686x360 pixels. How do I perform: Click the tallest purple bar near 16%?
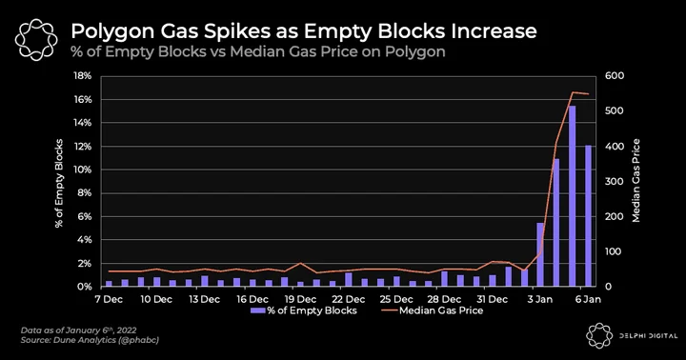point(573,196)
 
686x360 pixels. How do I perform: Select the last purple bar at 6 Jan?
point(588,215)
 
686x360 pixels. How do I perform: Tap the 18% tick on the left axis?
point(83,76)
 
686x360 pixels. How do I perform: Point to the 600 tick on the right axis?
point(615,76)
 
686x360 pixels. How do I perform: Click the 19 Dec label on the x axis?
point(300,300)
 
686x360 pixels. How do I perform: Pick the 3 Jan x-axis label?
point(540,300)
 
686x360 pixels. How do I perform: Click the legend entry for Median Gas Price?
point(433,310)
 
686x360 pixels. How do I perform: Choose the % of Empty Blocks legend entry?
point(304,310)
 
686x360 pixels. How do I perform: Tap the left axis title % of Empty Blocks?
point(59,183)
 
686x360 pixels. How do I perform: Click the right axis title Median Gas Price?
point(636,181)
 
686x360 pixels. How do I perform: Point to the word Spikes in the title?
point(231,32)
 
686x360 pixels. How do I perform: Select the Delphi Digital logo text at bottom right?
point(649,336)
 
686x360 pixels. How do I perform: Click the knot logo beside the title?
point(36,39)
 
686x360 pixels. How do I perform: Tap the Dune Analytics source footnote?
point(90,339)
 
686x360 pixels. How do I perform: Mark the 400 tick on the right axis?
point(615,147)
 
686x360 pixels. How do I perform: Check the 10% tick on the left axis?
point(83,170)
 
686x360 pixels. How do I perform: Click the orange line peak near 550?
point(573,92)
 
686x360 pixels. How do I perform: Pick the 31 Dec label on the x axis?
point(493,300)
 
